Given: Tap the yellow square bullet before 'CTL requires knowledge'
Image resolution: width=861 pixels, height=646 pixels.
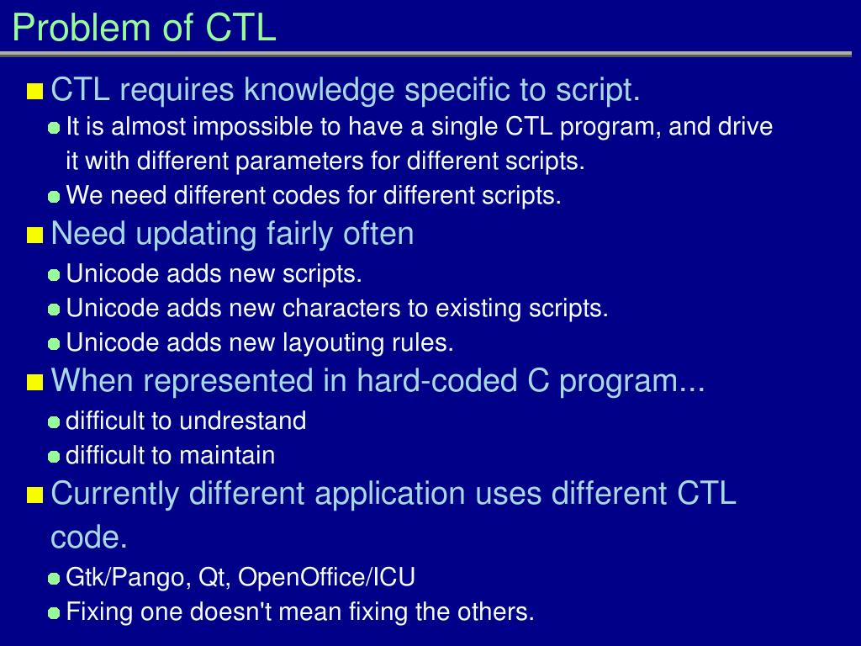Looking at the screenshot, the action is (34, 91).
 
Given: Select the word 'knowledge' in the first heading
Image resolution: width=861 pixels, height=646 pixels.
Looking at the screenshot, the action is (319, 89).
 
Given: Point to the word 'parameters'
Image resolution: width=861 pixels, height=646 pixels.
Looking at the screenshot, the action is (298, 161).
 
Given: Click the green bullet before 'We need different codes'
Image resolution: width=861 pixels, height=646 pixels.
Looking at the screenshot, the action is (54, 197).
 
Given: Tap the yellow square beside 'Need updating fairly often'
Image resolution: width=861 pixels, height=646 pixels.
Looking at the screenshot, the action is (34, 236).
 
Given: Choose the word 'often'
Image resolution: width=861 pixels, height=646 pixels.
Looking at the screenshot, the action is (378, 233).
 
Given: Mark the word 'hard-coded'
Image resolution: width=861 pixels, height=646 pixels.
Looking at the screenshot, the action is (437, 380).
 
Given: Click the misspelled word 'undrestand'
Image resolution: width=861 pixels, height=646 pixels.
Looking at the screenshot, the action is (243, 421).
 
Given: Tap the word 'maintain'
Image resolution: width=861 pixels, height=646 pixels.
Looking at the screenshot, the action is (227, 455).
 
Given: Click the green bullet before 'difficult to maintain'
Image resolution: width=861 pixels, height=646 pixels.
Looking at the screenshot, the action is (54, 457).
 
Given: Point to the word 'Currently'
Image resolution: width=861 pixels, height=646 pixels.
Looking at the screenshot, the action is (114, 493).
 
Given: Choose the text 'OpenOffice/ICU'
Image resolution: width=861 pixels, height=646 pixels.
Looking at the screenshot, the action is (326, 577).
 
